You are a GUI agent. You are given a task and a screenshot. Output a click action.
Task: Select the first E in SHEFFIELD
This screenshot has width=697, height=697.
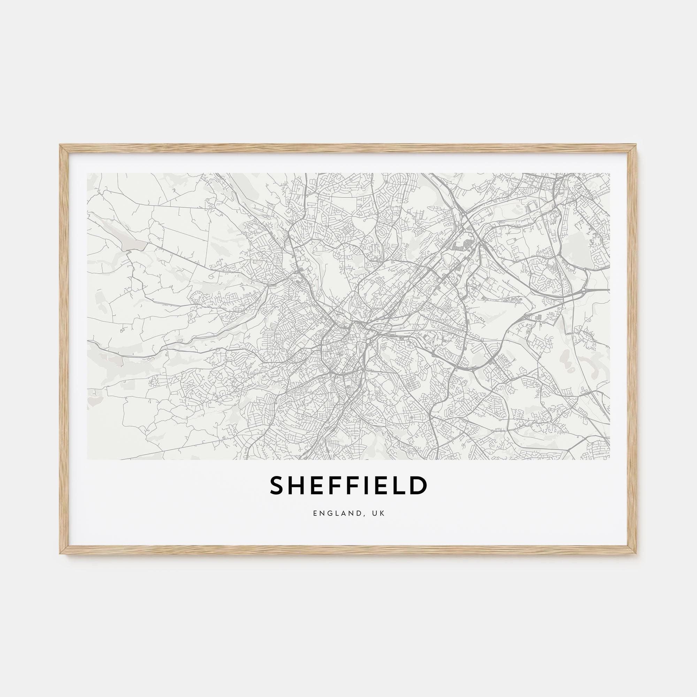coord(316,485)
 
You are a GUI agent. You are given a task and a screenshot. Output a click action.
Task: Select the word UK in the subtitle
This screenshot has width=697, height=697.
coord(379,513)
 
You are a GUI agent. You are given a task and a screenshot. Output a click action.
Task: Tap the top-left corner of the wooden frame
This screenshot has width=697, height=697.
coord(60,145)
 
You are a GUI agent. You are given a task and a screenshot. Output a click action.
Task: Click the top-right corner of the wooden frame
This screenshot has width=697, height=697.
coord(637,145)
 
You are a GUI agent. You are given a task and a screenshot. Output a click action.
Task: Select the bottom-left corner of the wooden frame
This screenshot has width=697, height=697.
coord(60,554)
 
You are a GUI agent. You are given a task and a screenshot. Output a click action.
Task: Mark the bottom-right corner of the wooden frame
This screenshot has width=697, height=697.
coord(637,554)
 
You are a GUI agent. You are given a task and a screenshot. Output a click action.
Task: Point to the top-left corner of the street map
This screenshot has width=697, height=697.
coord(88,173)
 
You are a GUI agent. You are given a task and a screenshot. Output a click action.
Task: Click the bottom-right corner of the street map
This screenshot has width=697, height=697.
coord(610,459)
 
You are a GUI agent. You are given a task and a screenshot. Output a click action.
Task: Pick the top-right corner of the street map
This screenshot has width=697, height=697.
coord(610,173)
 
